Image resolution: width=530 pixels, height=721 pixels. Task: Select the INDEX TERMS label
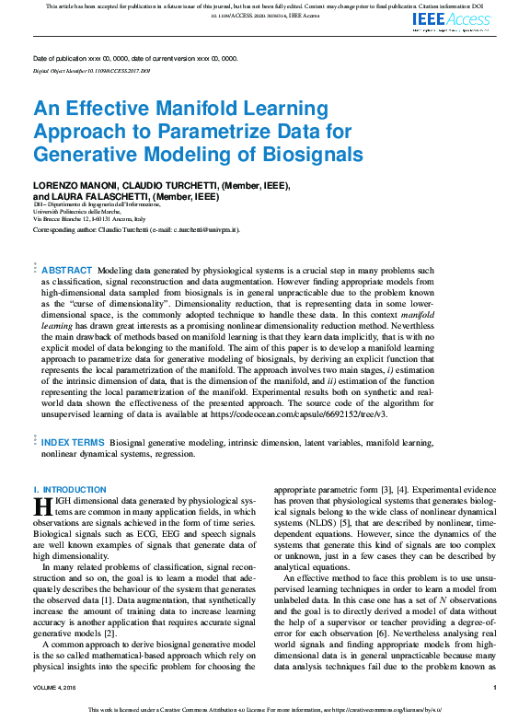pos(74,443)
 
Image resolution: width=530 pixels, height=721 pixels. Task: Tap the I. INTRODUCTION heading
pos(70,490)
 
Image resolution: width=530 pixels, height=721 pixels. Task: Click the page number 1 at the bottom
pos(495,688)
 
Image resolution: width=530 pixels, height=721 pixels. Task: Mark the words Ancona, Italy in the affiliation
pos(133,219)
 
